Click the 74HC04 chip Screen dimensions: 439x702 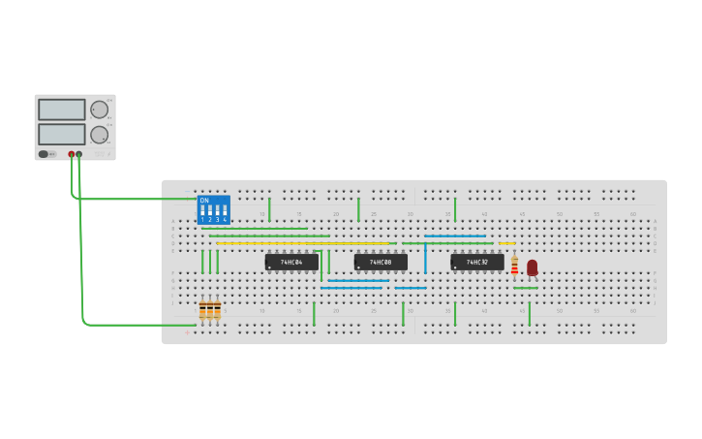[291, 262]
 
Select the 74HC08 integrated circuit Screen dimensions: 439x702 [381, 262]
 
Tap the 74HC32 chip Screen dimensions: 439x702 [476, 262]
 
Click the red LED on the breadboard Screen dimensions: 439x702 [532, 267]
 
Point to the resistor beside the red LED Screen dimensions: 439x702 [514, 266]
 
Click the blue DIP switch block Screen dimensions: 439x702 [213, 210]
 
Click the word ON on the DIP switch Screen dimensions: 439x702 [204, 200]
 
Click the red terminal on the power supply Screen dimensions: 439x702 [71, 154]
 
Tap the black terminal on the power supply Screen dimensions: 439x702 [79, 154]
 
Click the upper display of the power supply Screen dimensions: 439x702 [62, 110]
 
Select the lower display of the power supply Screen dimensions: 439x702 [62, 134]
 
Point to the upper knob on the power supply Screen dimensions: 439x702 [99, 110]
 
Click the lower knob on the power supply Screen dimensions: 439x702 [99, 134]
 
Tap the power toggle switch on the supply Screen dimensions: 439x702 [44, 154]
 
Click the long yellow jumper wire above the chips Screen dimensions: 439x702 [300, 242]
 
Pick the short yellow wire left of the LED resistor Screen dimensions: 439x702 [506, 242]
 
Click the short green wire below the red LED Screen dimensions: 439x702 [526, 288]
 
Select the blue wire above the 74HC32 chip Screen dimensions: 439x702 [455, 235]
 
